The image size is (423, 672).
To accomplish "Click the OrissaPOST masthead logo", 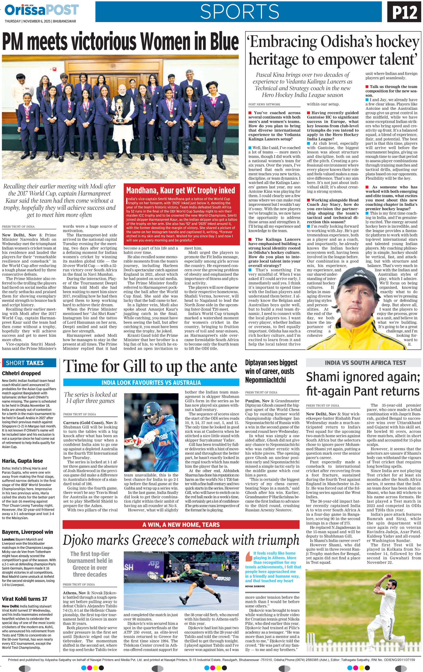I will pos(42,10).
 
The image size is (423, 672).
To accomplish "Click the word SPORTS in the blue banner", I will pos(240,12).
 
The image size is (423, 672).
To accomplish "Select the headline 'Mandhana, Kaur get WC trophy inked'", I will pos(181,190).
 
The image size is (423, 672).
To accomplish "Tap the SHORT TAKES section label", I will pos(24,363).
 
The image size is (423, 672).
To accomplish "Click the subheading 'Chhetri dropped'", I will pos(21,373).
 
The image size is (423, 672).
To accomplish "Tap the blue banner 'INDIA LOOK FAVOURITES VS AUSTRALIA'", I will pos(151,382).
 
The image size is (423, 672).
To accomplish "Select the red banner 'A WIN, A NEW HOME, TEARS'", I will pos(181,524).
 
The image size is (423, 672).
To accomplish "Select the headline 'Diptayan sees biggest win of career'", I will pos(271,371).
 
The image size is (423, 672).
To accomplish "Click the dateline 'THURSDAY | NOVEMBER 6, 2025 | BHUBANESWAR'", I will pos(40,21).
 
